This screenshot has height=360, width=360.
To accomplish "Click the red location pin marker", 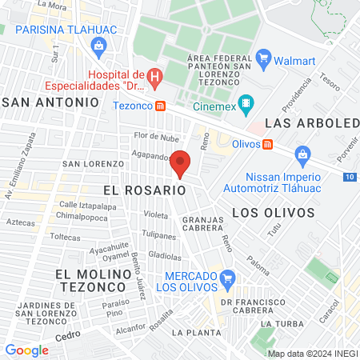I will [x=181, y=162].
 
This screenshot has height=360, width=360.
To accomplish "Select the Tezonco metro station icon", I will [x=161, y=105].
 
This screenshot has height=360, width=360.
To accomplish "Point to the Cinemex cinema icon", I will [x=246, y=103].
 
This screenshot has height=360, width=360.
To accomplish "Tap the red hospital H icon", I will [x=156, y=77].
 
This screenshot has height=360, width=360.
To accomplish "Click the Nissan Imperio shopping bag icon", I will [x=302, y=153].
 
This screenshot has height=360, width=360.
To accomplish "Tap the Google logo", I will [x=26, y=350].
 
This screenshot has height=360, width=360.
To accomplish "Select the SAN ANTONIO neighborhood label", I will [x=51, y=102].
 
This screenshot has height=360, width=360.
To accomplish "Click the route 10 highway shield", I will [x=351, y=176].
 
